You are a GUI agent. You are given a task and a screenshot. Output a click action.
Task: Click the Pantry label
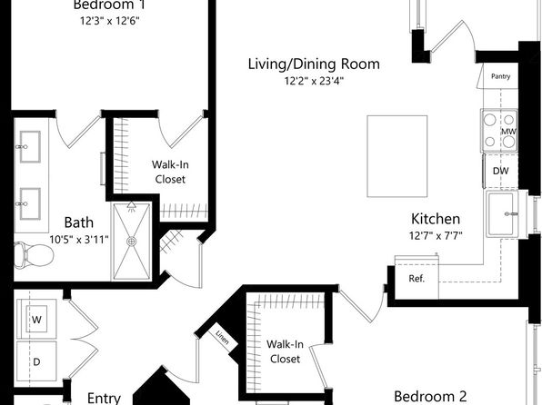(x=500, y=76)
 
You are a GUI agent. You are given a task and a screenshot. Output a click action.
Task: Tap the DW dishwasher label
(x=500, y=171)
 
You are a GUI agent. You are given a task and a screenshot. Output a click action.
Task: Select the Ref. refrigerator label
(x=417, y=278)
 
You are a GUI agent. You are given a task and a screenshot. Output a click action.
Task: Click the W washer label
(x=36, y=320)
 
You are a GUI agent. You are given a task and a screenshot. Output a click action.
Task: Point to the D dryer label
(x=36, y=361)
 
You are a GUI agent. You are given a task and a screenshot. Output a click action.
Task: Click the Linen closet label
(x=222, y=337)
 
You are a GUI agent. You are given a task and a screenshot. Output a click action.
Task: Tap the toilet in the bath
(x=34, y=255)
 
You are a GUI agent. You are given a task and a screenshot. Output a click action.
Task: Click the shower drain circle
(x=131, y=242)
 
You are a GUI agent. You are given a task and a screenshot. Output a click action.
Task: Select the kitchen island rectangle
(x=397, y=156)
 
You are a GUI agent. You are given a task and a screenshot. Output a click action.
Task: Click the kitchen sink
(x=503, y=213)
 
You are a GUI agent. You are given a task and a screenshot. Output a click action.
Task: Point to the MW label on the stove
(x=508, y=131)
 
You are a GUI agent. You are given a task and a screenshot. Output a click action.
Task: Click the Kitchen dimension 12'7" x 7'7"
(x=436, y=236)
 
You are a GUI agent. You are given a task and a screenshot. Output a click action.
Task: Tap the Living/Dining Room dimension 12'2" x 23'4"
(x=314, y=81)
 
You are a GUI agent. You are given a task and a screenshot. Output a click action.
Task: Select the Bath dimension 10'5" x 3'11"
(x=79, y=239)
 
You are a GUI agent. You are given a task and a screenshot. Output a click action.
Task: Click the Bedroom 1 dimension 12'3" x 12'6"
(x=110, y=21)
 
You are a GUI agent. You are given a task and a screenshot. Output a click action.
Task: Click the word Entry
(x=104, y=399)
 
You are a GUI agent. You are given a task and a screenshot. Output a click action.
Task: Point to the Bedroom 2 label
(x=430, y=396)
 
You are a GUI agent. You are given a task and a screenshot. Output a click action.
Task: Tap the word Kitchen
(x=436, y=219)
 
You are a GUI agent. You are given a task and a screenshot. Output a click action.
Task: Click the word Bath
(x=79, y=222)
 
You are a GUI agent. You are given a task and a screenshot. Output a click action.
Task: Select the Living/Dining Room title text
(x=314, y=64)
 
